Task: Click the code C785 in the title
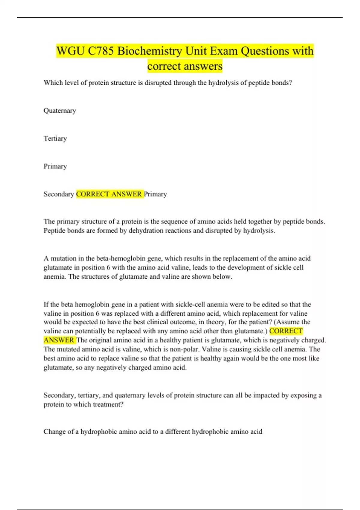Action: point(101,51)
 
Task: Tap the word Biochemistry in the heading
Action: point(149,51)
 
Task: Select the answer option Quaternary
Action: point(60,111)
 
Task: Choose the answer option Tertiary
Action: point(55,138)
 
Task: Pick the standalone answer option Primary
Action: point(55,166)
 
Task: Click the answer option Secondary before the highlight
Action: point(59,194)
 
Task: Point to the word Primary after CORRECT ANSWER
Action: point(155,194)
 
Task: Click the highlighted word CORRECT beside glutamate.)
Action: point(286,331)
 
